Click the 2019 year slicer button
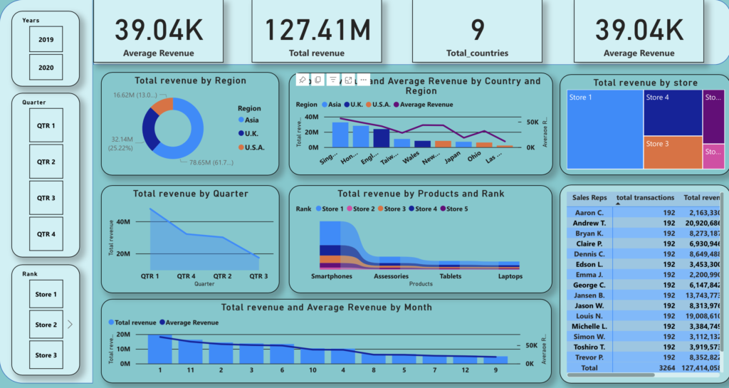click(46, 39)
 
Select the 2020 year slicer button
click(46, 68)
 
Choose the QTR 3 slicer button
click(46, 198)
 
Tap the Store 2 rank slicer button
click(46, 325)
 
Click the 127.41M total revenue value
click(318, 30)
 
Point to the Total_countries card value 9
click(477, 30)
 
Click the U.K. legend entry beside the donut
click(251, 133)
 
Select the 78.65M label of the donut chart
click(211, 162)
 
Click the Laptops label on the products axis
click(510, 276)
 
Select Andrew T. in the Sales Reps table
click(589, 223)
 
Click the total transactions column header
click(645, 197)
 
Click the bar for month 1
click(160, 349)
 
